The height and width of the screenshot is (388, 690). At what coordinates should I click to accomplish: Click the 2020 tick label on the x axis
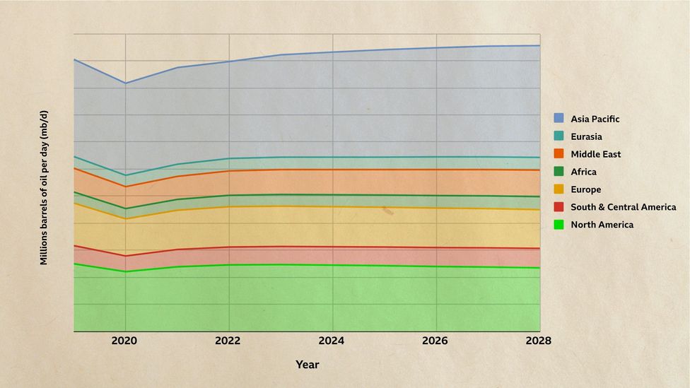125,341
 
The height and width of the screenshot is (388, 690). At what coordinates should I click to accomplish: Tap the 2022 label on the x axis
228,341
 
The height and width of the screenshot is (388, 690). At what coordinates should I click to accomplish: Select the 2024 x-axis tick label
332,341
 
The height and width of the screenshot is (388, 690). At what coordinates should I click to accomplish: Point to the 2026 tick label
435,341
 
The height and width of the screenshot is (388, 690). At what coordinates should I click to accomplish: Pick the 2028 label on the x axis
539,341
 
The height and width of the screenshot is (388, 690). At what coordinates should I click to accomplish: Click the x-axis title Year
307,365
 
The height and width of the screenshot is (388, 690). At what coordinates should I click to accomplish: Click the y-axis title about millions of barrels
44,187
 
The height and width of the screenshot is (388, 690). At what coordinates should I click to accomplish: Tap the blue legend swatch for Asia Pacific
559,119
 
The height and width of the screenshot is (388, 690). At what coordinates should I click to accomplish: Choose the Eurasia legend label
586,136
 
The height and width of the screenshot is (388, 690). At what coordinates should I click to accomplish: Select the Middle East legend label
595,154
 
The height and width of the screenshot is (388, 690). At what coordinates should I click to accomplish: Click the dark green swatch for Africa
559,172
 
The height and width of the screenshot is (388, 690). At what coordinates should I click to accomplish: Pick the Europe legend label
586,189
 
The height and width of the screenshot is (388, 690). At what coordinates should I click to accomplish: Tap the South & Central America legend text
623,207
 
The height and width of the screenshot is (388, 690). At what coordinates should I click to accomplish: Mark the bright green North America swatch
559,225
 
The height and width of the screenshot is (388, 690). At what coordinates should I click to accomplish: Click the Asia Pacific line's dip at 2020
126,83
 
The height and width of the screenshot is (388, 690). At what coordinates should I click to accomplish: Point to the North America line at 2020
126,271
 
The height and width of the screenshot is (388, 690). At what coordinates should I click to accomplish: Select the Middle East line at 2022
229,171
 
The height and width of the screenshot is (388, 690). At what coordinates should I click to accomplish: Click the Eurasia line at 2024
332,157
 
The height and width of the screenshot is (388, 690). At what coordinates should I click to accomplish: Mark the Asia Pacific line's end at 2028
539,45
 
